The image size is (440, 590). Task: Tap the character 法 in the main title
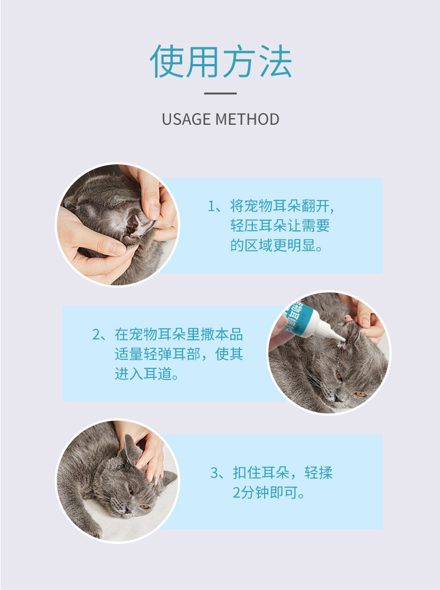coord(276,61)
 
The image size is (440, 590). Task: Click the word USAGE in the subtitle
coord(186,119)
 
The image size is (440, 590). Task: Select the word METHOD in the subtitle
coord(247,119)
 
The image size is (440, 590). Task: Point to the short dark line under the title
coord(221,93)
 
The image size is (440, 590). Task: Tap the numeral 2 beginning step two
coord(96,334)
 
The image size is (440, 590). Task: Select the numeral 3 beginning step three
coord(214,472)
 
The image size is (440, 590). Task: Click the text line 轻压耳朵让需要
coord(280,226)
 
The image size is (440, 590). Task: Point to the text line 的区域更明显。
coord(277,245)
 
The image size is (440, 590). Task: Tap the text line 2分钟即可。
coord(269,492)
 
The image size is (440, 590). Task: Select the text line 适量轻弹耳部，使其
coord(179,354)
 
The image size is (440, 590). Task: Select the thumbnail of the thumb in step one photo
coord(153,212)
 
